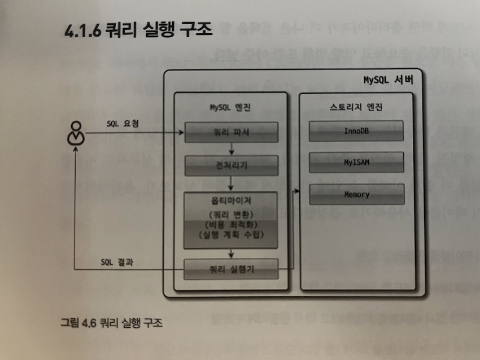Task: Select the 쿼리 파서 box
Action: tap(231, 134)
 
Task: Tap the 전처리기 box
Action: tap(231, 165)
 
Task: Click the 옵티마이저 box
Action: tap(231, 220)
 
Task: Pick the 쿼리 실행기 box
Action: tap(231, 269)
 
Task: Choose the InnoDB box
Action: tap(356, 131)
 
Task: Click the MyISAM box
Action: tap(356, 163)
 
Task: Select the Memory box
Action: tap(356, 195)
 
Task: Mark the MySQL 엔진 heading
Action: tap(231, 108)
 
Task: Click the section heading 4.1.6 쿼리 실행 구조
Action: tap(138, 29)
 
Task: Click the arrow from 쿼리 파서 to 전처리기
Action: tap(232, 149)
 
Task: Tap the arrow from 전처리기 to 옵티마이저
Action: tap(232, 183)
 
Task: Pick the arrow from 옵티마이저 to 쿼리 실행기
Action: tap(232, 253)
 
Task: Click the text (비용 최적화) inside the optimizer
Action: tap(231, 224)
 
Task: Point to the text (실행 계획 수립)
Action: tap(231, 235)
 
